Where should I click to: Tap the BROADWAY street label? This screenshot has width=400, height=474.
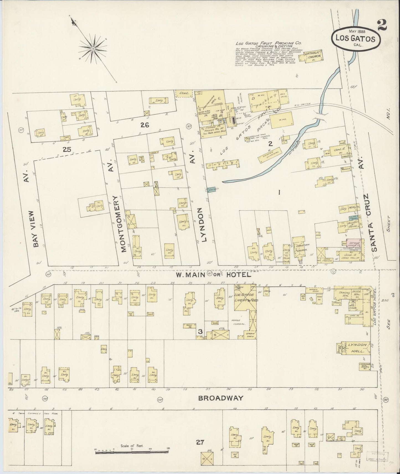tap(221, 398)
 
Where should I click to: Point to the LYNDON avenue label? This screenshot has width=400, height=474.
tap(204, 225)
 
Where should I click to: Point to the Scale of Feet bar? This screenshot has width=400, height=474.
tap(131, 452)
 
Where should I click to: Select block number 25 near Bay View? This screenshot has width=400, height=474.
tap(67, 150)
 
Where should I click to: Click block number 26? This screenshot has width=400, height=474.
tap(144, 125)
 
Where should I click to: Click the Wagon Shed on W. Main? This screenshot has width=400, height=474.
tap(314, 290)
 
